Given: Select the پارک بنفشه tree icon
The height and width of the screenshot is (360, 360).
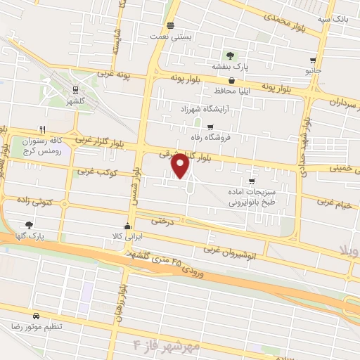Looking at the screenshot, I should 229,55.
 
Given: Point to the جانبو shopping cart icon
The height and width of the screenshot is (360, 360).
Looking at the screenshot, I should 314,60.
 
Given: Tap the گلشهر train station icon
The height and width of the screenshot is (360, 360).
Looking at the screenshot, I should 74,89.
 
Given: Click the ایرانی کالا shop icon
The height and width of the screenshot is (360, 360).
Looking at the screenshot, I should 127,226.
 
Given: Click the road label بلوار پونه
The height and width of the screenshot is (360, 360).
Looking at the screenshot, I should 186,79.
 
